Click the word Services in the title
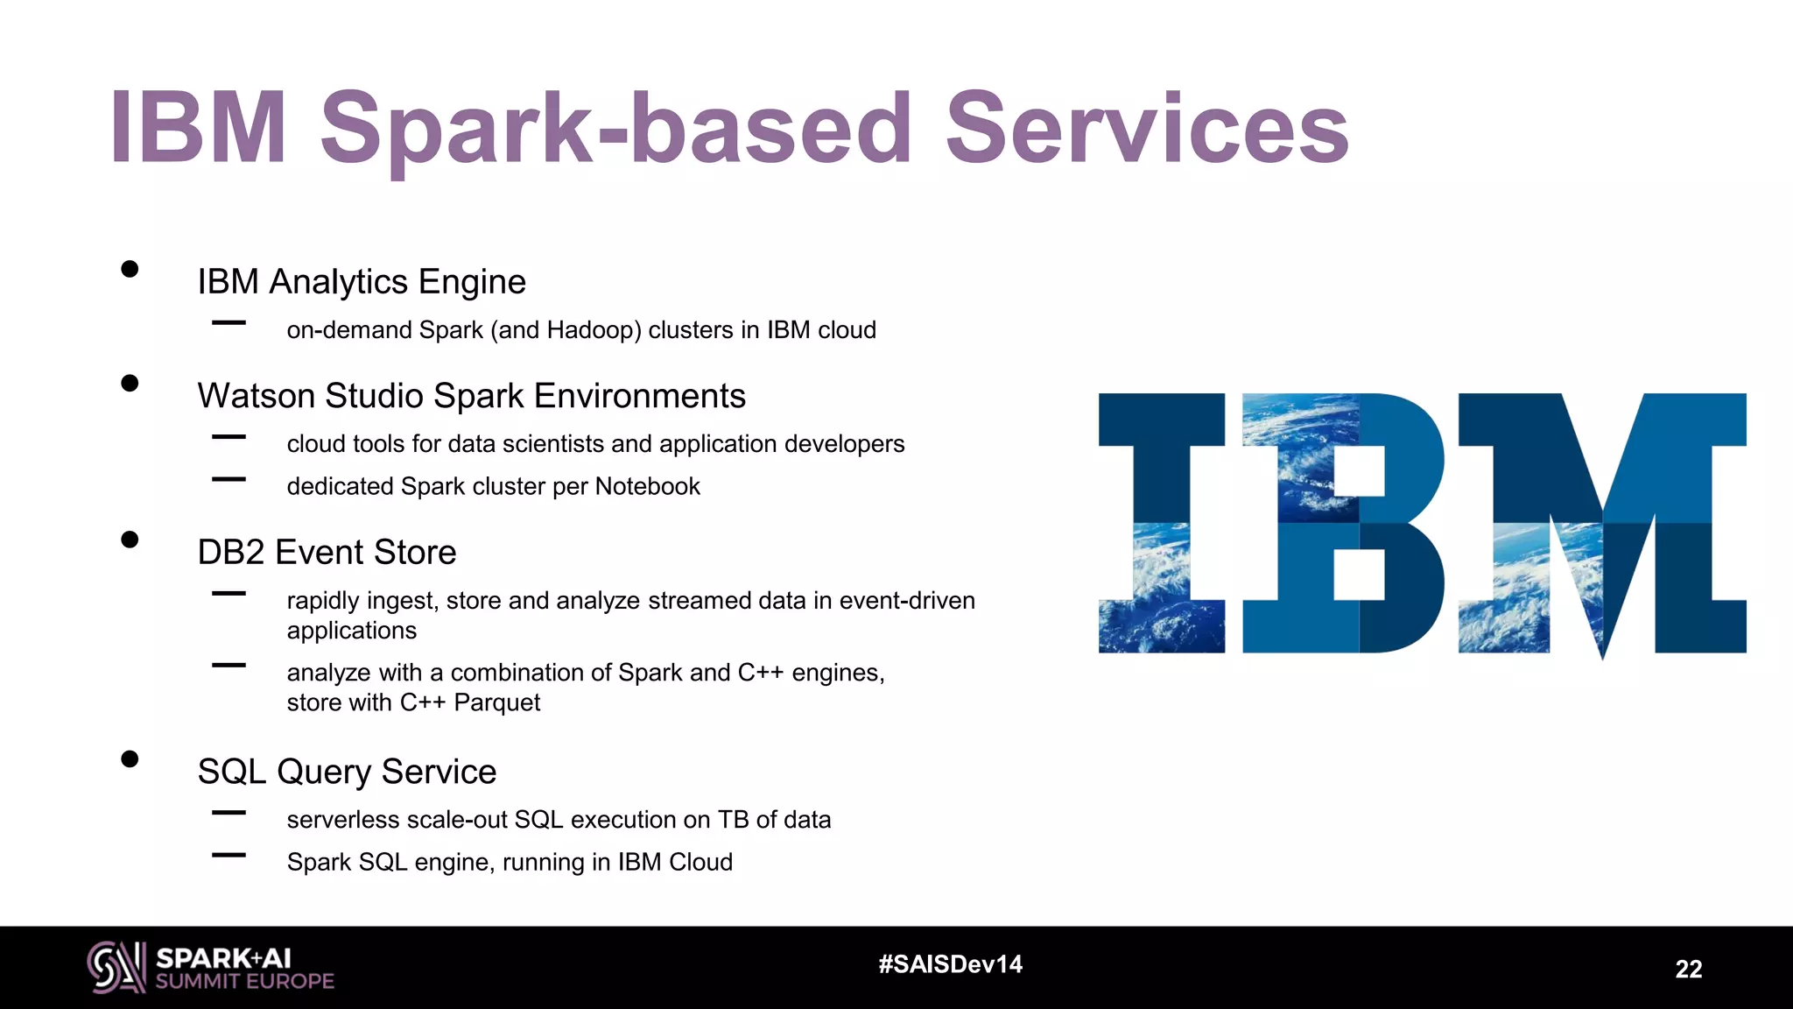pos(1147,129)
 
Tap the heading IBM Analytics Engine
pos(362,282)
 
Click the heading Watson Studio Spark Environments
pos(471,396)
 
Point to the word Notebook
pos(647,486)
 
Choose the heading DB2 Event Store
pos(327,553)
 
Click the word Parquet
pos(496,702)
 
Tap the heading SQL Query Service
pos(347,772)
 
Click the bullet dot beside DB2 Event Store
pos(130,540)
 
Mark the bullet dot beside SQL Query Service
pos(130,759)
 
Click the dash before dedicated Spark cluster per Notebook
pos(229,479)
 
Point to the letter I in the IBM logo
pos(1162,523)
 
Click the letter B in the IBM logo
pos(1343,523)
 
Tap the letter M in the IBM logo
pos(1602,523)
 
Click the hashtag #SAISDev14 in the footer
pos(950,964)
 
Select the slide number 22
pos(1688,969)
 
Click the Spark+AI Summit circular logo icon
pos(116,967)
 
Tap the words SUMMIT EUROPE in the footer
pos(245,982)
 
